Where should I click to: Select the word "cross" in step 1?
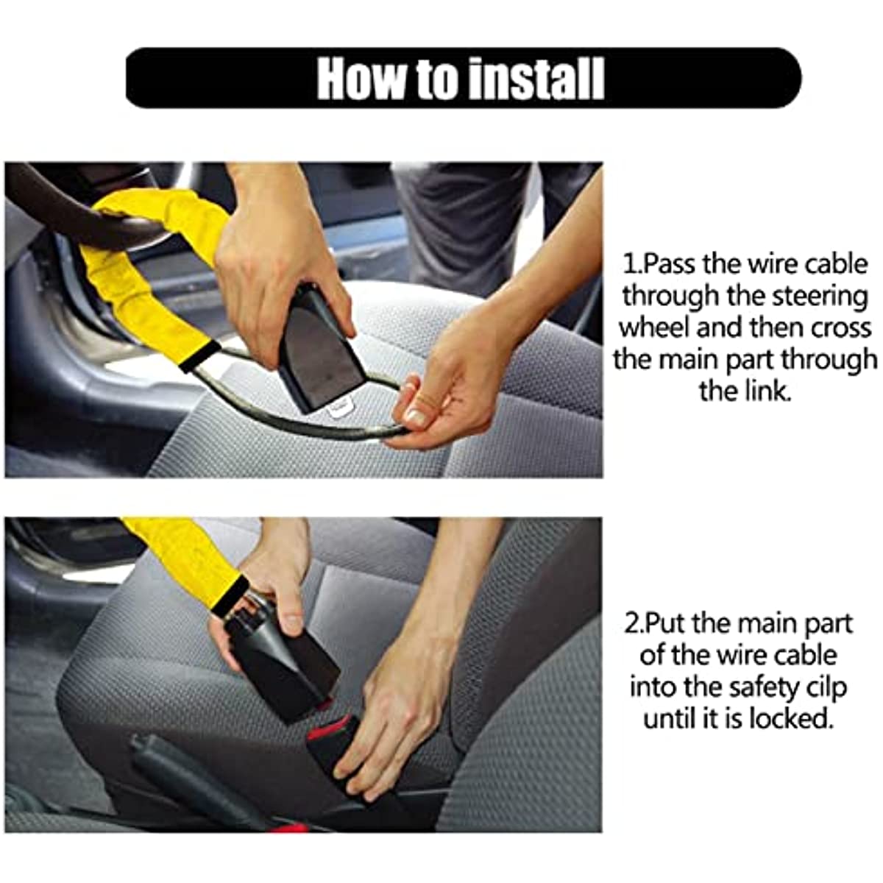point(842,328)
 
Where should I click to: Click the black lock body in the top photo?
point(324,350)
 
